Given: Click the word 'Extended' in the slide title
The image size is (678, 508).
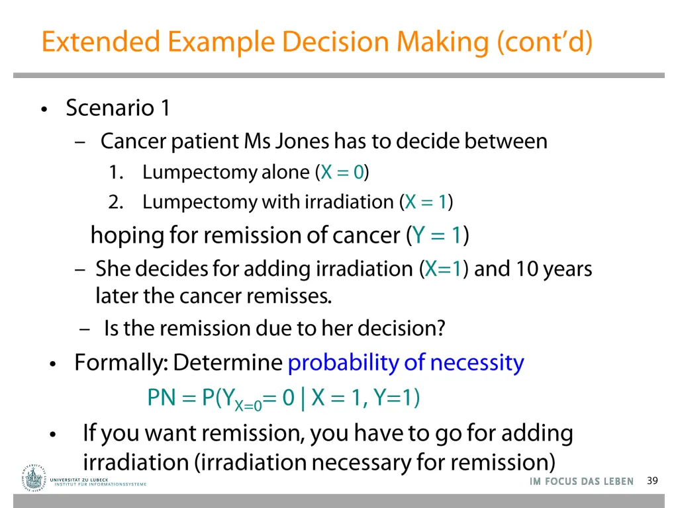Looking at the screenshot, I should point(100,42).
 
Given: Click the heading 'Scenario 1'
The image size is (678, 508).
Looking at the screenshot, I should point(118,108).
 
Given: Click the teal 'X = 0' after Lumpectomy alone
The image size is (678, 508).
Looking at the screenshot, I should point(342,173).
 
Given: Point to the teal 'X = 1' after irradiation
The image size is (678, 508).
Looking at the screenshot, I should point(426,202).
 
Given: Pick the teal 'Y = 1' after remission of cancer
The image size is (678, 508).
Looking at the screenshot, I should point(436,235).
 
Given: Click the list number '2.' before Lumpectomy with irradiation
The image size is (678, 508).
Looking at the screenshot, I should point(117,202).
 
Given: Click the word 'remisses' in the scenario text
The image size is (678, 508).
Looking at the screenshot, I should point(289,296).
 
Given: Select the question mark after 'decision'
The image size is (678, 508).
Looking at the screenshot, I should point(441,328).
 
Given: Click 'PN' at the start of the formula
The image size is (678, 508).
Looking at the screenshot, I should point(161,398).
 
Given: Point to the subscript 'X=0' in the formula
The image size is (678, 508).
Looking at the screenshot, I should point(248,405).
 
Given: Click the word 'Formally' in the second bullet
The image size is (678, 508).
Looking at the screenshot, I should point(119,363).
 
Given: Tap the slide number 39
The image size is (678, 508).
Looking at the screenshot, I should point(652,481).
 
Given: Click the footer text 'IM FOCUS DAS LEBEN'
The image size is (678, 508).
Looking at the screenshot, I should point(581,482).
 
